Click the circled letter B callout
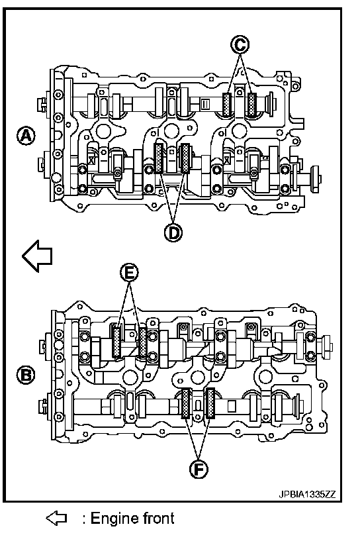26,375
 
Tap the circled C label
240,44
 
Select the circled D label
173,232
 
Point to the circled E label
129,273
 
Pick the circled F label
199,470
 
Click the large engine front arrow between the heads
37,256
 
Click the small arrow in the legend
56,518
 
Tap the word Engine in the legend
109,519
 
